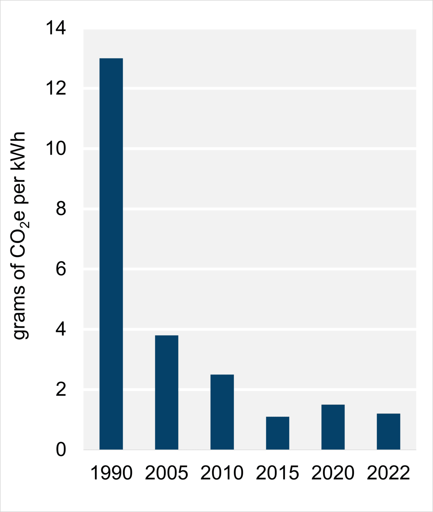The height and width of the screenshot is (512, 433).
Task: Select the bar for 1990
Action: coord(111,254)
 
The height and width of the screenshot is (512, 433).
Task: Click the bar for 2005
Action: coord(167,392)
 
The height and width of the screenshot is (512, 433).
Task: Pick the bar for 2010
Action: coord(222,412)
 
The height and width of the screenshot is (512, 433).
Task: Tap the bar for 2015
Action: coord(277,433)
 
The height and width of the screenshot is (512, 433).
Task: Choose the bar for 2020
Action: coord(333,427)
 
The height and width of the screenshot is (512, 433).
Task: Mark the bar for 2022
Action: coord(389,431)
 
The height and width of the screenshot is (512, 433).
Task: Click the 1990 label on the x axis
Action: coord(111,473)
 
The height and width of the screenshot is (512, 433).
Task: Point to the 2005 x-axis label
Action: coord(167,473)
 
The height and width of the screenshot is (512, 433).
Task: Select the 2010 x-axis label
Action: coord(222,473)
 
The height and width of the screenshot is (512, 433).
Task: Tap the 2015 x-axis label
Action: coord(277,473)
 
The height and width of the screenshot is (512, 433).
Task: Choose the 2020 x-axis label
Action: coord(333,473)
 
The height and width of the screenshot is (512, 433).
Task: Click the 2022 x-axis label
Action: coord(389,473)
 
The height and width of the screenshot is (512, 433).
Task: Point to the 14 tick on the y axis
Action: coord(56,29)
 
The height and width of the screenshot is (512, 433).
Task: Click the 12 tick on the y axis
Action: coord(56,88)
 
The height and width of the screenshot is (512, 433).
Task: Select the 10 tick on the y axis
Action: coord(56,148)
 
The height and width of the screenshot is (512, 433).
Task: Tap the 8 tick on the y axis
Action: coord(61,209)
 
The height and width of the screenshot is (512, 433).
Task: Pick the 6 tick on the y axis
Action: coord(61,269)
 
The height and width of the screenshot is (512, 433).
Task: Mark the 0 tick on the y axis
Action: coord(61,450)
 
